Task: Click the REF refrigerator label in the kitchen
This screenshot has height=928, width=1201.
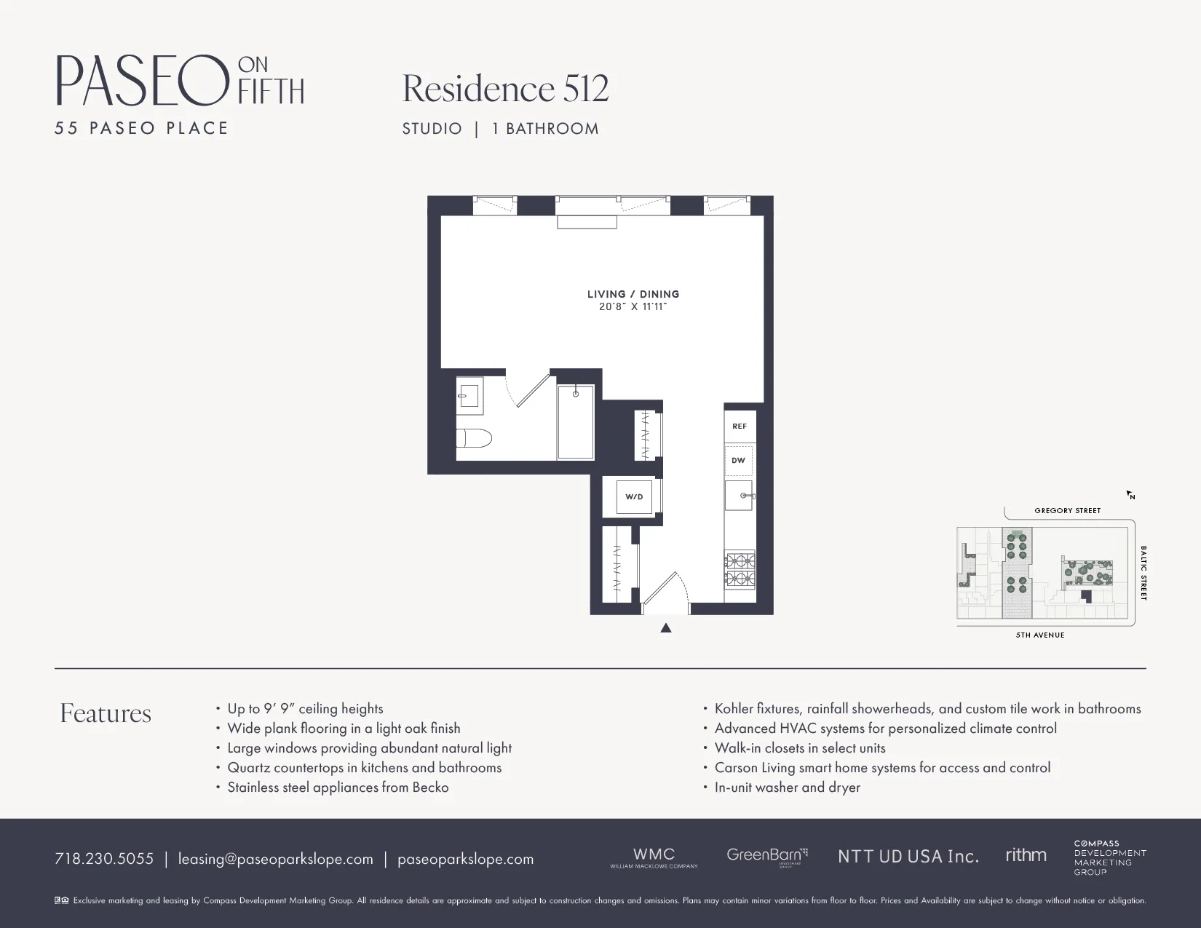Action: tap(740, 427)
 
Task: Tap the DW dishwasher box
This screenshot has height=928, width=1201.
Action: tap(739, 461)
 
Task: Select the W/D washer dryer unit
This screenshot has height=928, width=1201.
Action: tap(634, 497)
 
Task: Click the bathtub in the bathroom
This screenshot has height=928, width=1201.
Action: tap(576, 422)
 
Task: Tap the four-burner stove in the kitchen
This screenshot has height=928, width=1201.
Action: tap(740, 570)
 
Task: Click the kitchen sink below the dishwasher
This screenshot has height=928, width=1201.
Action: tap(739, 496)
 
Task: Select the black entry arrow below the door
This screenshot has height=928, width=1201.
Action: tap(665, 628)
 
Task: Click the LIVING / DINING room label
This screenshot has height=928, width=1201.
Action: tap(633, 294)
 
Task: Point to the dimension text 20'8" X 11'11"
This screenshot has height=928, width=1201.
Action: tap(633, 307)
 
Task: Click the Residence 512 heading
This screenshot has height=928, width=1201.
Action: tap(505, 89)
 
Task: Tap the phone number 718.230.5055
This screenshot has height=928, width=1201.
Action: tap(104, 859)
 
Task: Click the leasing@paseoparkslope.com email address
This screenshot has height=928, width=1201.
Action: tap(276, 859)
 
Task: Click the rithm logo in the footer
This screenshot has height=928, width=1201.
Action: tap(1026, 855)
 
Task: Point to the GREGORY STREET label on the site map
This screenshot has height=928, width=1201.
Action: tap(1067, 511)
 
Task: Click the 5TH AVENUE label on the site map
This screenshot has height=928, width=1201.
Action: tap(1040, 635)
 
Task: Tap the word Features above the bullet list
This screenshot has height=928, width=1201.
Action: tap(106, 713)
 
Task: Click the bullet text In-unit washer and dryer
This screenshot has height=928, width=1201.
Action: tap(787, 788)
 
